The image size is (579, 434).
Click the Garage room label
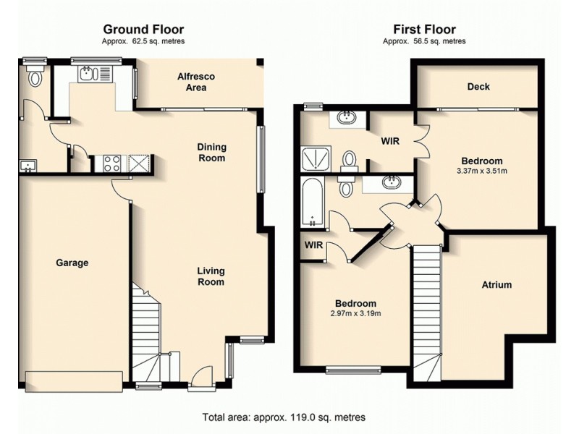click(72, 263)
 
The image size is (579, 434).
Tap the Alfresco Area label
click(196, 82)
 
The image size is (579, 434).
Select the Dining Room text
click(211, 153)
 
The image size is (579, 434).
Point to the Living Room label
click(211, 276)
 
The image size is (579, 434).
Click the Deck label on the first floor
click(478, 87)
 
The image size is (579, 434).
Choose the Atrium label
click(496, 285)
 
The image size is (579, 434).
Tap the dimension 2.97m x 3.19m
click(355, 313)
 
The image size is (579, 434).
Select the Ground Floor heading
click(143, 30)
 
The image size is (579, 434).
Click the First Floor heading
click(424, 30)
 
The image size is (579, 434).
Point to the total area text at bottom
click(283, 417)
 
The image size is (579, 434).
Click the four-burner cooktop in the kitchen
click(111, 163)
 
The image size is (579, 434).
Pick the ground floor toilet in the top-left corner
click(34, 77)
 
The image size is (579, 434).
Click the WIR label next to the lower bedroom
click(313, 245)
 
